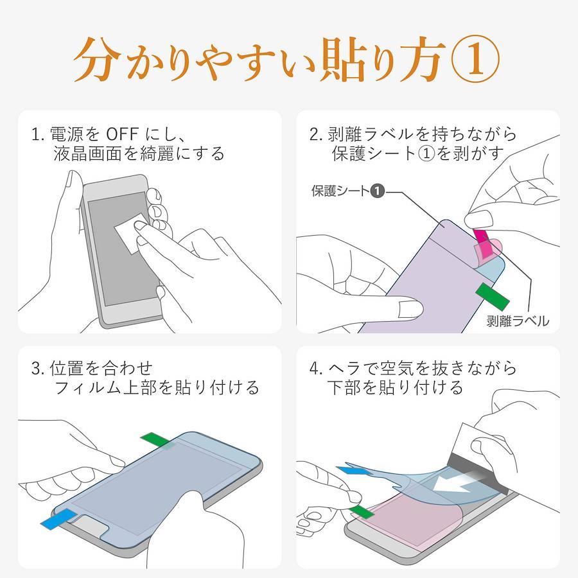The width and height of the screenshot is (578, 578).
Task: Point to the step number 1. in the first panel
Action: [38, 135]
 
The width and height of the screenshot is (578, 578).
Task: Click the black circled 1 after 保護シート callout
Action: [378, 191]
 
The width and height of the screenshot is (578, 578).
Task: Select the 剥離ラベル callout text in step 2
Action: [518, 320]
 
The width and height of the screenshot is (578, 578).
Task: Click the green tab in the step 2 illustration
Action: [493, 295]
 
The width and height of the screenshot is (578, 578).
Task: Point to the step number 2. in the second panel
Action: [317, 135]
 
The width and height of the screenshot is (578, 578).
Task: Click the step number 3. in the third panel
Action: [38, 369]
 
